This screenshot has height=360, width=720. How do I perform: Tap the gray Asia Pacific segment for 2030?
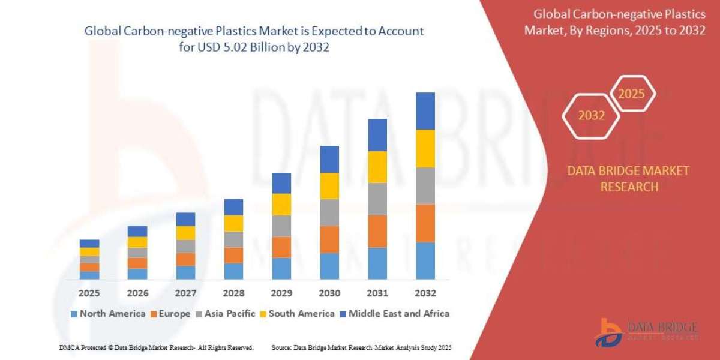coord(329,212)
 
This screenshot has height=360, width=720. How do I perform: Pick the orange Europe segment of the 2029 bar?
coord(281,247)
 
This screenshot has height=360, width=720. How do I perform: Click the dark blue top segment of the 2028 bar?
coord(233,207)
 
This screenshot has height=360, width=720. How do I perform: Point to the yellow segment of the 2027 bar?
coord(185,233)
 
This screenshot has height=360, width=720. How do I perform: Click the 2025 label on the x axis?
coord(89,293)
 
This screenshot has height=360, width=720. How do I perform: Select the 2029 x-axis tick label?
coord(281,293)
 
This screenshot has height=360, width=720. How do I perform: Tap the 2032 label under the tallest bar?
coord(425,293)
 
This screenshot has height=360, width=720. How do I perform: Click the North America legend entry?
coord(108,313)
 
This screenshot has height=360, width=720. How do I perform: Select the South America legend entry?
coord(297,313)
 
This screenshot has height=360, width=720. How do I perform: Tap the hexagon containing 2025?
coord(632,94)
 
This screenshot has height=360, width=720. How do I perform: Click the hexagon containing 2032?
coord(592,116)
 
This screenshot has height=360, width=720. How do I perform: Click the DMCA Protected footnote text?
coord(156,347)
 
